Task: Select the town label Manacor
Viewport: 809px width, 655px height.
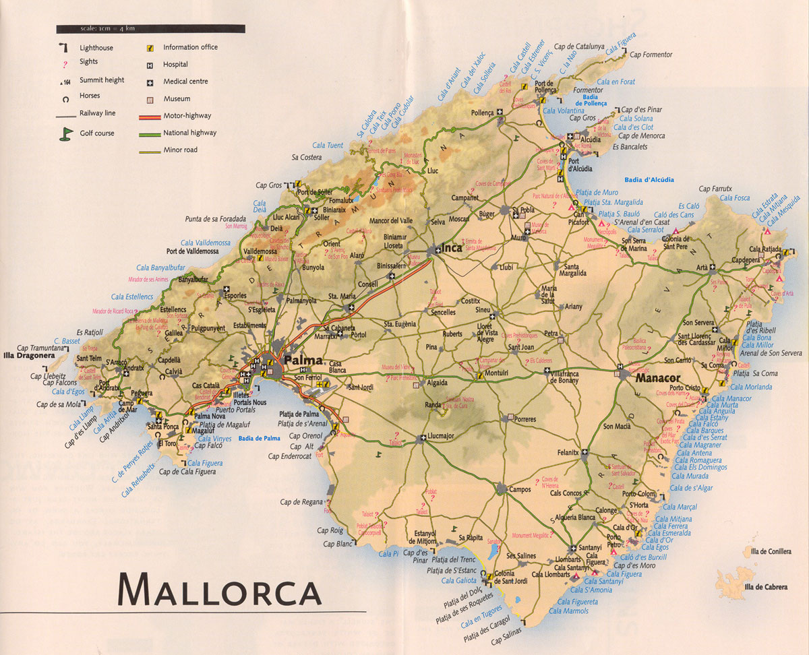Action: (x=657, y=379)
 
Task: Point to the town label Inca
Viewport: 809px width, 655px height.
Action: (x=451, y=247)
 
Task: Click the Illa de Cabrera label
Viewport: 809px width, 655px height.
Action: (x=765, y=587)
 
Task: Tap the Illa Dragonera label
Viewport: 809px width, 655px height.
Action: (x=28, y=354)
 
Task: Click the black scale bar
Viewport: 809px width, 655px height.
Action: (x=150, y=29)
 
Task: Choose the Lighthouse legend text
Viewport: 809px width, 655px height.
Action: (x=96, y=48)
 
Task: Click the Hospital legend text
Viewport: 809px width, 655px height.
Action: (x=175, y=65)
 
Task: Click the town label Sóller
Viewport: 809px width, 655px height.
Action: (x=322, y=218)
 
